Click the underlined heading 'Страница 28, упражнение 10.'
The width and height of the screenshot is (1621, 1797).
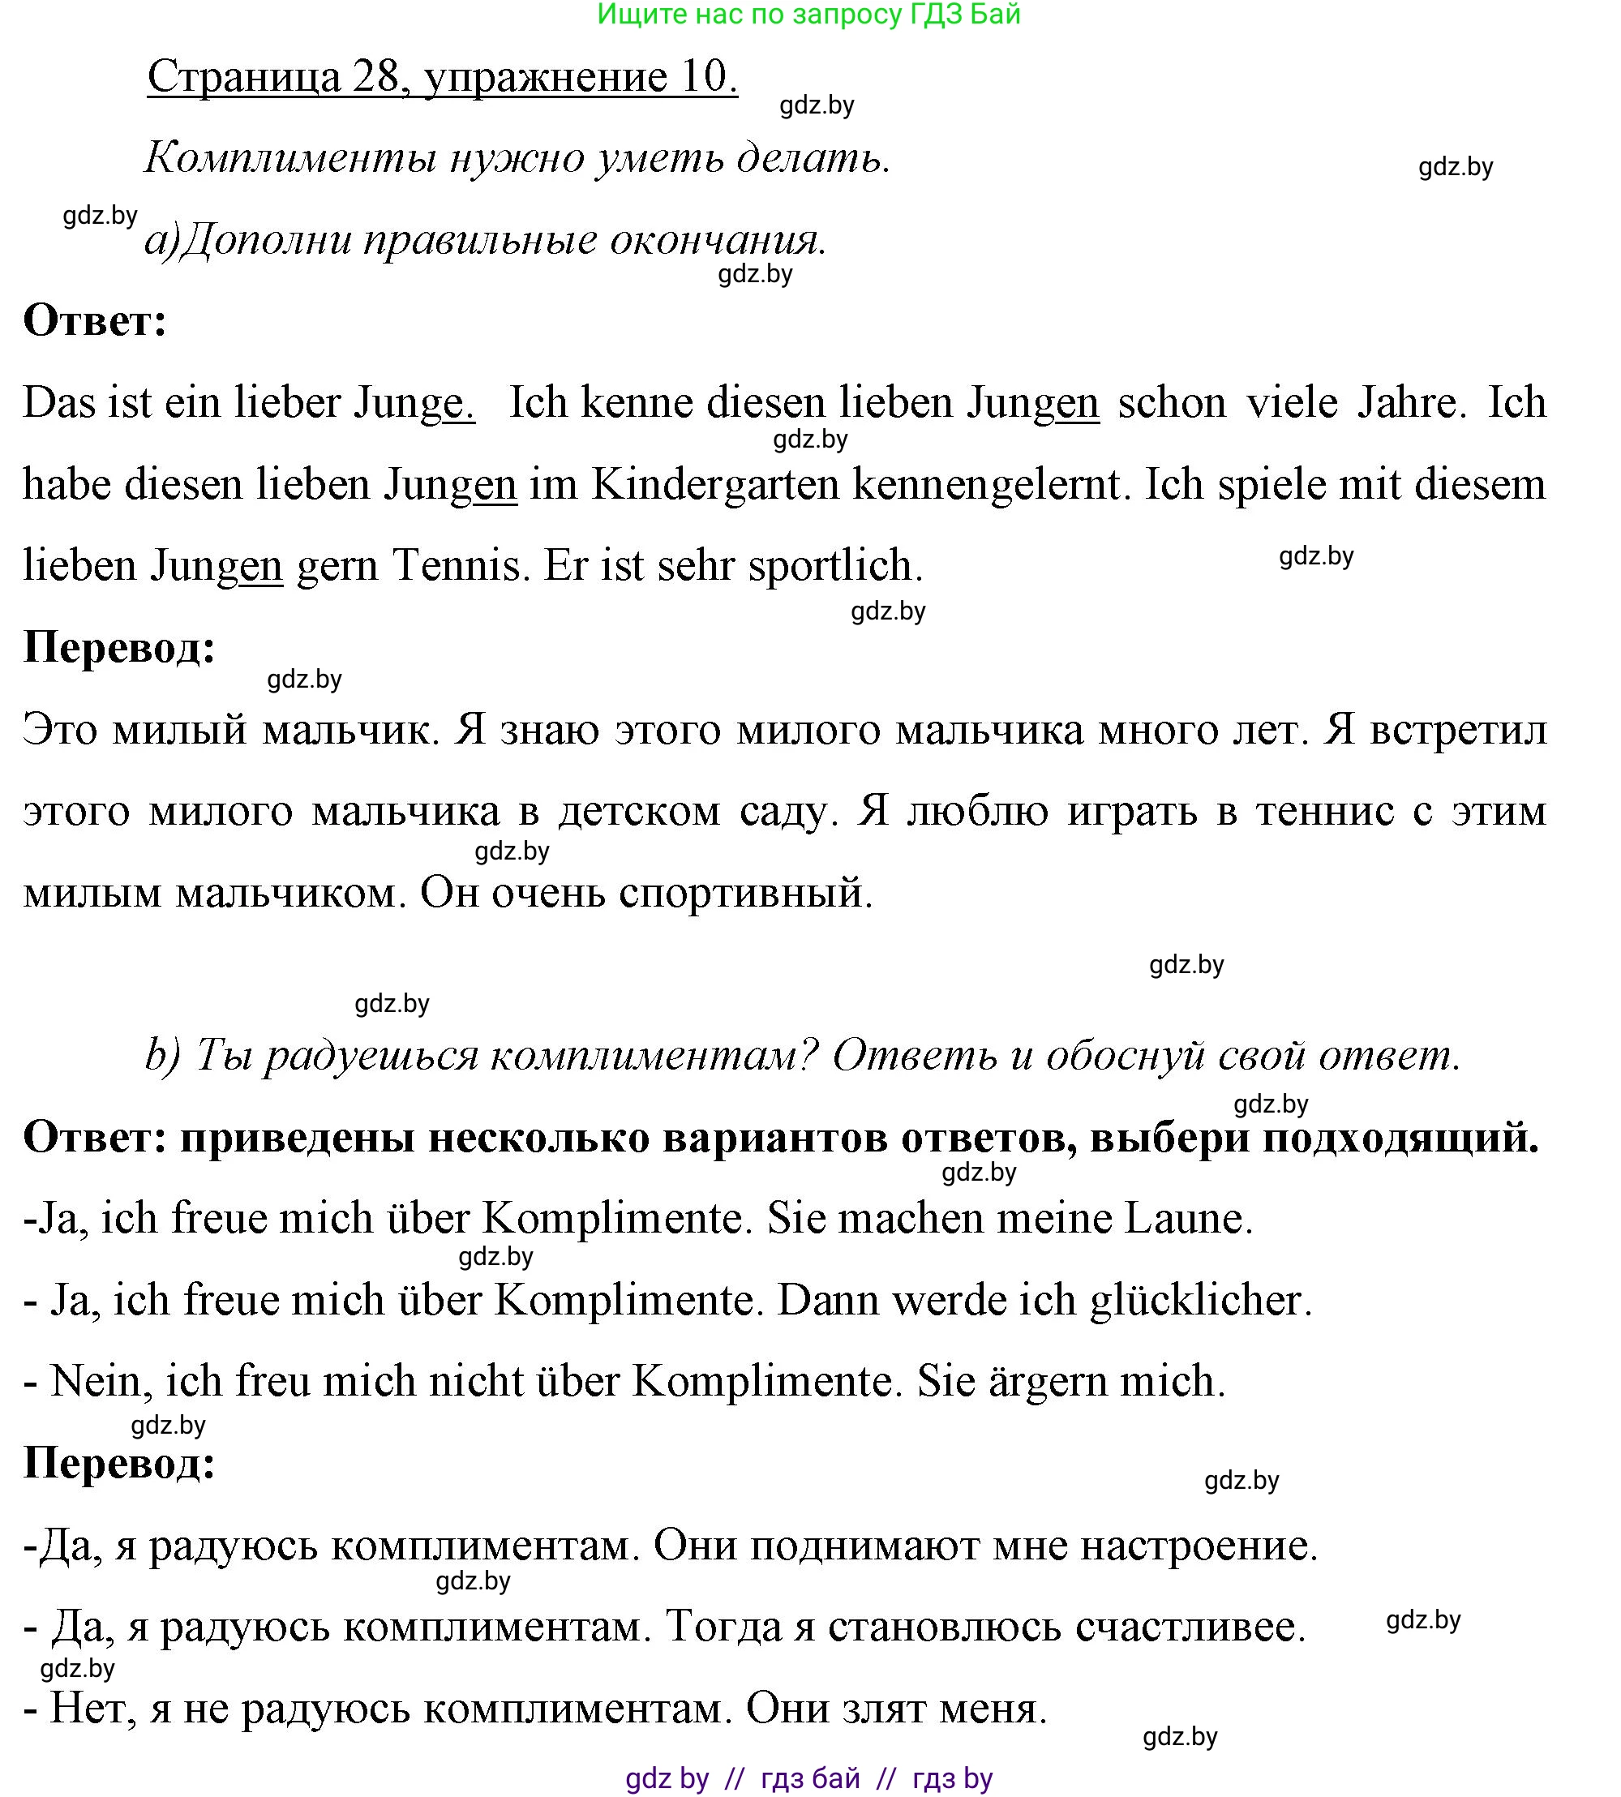tap(442, 76)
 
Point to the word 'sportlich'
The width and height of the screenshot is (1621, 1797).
tap(834, 565)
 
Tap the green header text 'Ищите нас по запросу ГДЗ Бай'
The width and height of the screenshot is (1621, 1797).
tap(808, 15)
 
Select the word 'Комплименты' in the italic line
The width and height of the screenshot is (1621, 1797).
tap(290, 158)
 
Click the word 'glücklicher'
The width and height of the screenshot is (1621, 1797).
tap(1201, 1300)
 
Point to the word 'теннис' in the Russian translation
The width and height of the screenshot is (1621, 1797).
tap(1324, 810)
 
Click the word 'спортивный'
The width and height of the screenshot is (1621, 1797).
tap(745, 892)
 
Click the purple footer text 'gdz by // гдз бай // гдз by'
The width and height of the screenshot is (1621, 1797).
tap(808, 1778)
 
